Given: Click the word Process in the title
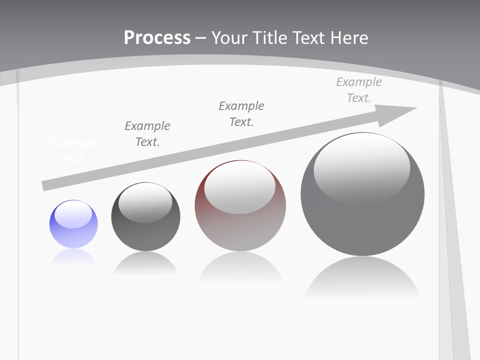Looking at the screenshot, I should (x=157, y=38).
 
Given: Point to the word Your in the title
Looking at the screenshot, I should (x=228, y=38).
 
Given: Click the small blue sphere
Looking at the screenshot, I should (x=73, y=224).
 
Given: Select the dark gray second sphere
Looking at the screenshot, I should (x=145, y=217).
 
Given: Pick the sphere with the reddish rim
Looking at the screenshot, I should (x=240, y=206).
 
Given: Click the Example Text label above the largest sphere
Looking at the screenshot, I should (x=359, y=90).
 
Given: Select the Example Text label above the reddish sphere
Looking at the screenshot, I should (x=241, y=113).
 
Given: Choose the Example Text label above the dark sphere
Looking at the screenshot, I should (x=147, y=133).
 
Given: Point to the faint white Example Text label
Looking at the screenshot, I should (x=73, y=151).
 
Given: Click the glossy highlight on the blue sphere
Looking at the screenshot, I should (x=73, y=214).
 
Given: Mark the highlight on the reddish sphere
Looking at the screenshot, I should (x=239, y=187).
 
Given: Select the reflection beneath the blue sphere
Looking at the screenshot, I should (x=73, y=256).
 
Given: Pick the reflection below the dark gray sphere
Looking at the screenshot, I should (x=145, y=263).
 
